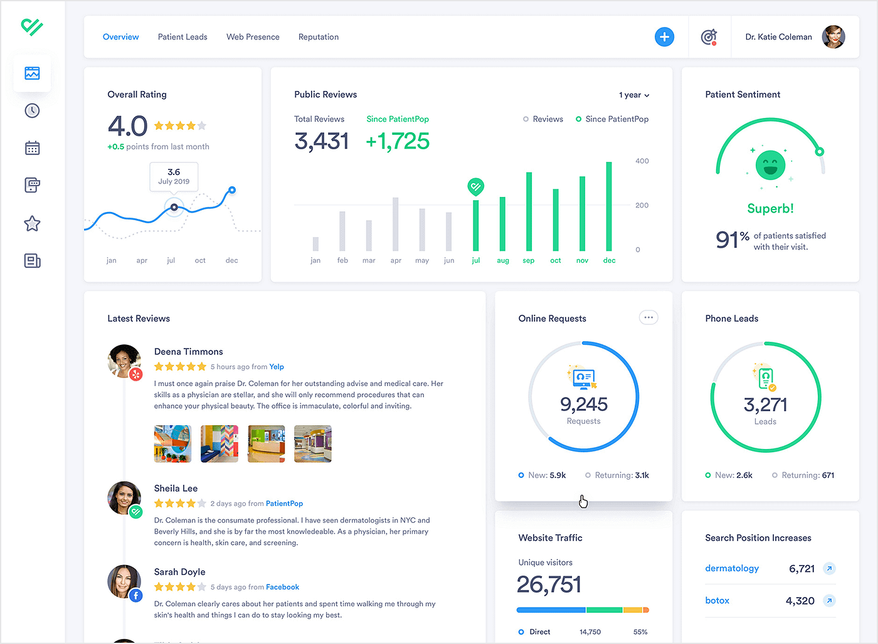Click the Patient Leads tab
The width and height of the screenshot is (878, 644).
pos(182,37)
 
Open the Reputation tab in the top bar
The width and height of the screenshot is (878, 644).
pos(319,37)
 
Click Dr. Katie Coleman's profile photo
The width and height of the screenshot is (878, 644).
pos(833,37)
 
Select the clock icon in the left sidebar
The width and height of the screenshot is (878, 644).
pos(32,111)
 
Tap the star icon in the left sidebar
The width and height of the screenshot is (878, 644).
pos(32,223)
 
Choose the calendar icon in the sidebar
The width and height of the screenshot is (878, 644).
pos(32,149)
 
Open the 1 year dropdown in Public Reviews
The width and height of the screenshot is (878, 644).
pos(634,95)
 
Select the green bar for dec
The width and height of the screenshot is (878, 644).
pos(609,207)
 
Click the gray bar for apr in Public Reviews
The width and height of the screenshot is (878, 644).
pos(396,224)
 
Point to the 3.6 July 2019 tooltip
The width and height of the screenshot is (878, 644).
pos(174,176)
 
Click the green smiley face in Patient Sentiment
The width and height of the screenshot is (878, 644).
pos(770,166)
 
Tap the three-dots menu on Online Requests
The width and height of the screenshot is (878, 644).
pos(648,317)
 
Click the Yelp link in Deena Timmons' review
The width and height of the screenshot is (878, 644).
pos(277,367)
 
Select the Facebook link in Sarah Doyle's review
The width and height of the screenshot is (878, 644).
pos(282,587)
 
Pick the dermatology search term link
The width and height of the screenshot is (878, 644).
pos(732,568)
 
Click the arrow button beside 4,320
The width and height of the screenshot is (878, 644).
pos(829,601)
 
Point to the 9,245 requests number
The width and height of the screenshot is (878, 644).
pos(584,404)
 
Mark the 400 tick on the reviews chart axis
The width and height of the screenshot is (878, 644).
pos(642,161)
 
